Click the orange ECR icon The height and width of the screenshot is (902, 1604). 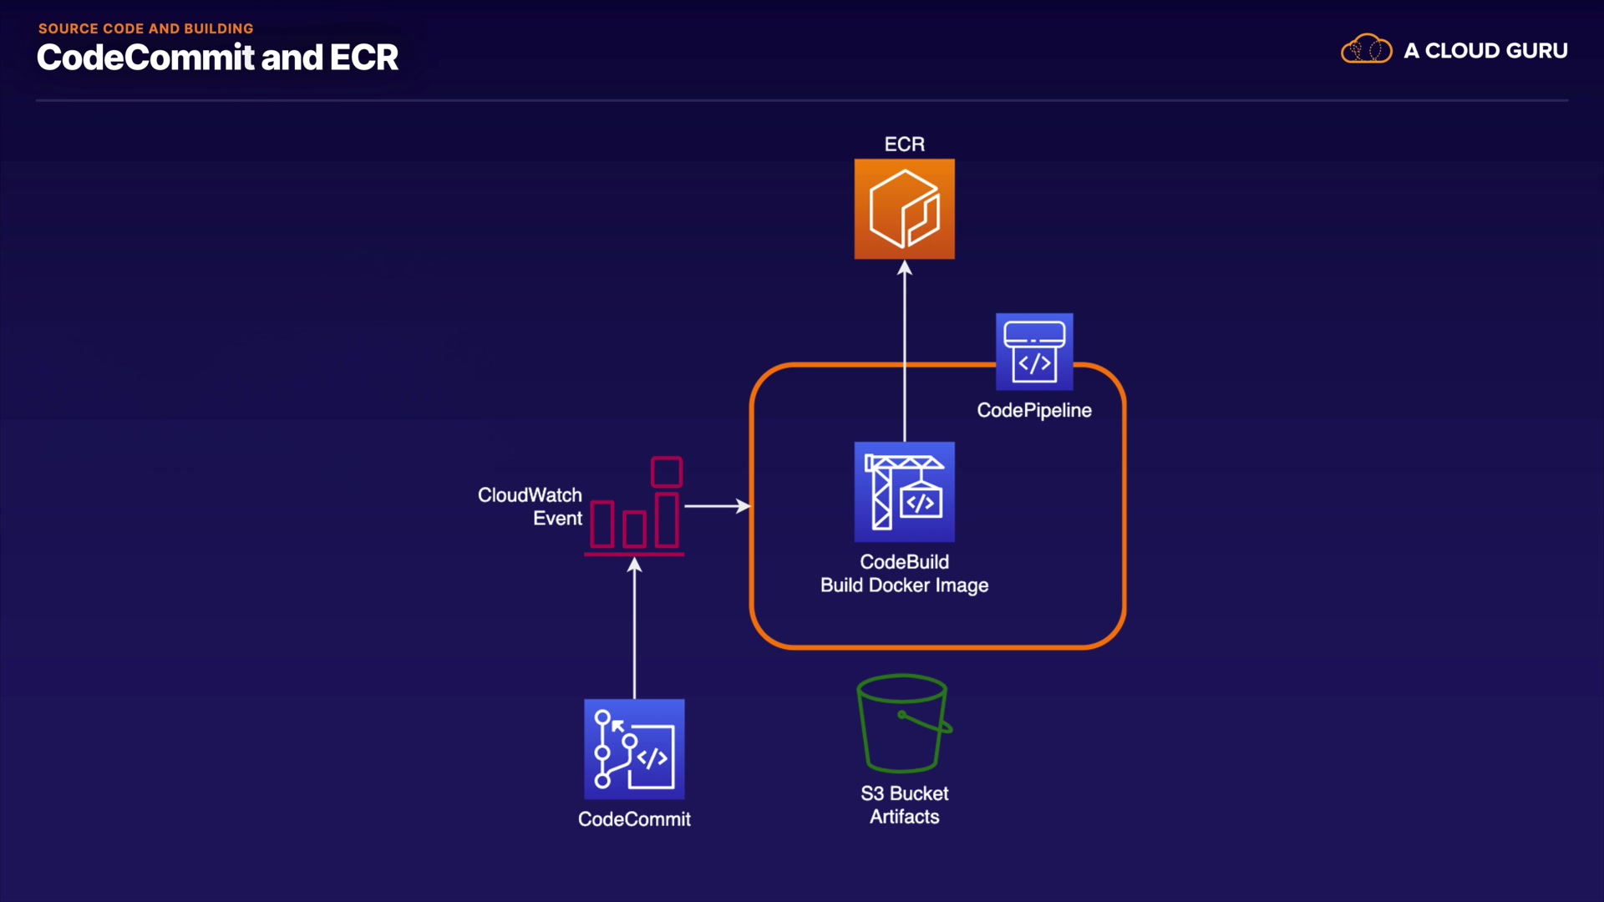(904, 209)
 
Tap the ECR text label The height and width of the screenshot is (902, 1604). (904, 144)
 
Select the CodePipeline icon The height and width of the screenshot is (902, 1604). (1034, 352)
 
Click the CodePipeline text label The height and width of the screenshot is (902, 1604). (1034, 410)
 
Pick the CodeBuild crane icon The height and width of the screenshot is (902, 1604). (904, 492)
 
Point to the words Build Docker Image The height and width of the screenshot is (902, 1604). (904, 585)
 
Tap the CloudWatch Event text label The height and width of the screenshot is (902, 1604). (530, 506)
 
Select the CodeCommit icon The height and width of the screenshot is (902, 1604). (634, 749)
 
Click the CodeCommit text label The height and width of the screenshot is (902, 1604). (634, 819)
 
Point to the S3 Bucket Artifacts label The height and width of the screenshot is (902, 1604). (904, 805)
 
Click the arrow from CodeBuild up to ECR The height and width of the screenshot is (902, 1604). (905, 351)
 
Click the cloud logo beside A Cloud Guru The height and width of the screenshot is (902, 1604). (1366, 49)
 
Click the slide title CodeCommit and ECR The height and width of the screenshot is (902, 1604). (217, 58)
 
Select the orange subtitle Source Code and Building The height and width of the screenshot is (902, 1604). (145, 28)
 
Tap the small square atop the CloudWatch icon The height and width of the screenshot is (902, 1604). (666, 472)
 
